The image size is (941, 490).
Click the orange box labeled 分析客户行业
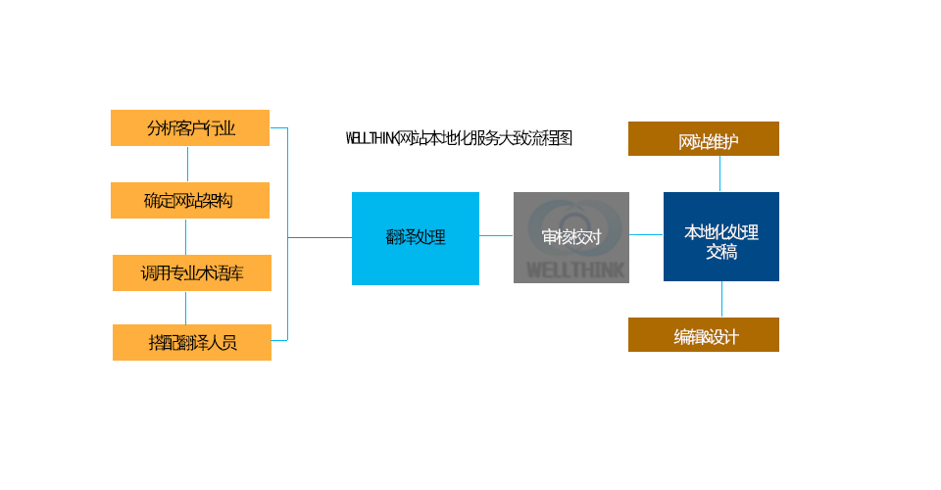(190, 127)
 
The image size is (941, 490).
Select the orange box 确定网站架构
(190, 200)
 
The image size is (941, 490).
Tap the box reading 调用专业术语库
(191, 272)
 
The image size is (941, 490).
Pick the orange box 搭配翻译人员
(192, 342)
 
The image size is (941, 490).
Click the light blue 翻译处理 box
(416, 238)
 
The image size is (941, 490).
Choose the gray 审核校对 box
(570, 237)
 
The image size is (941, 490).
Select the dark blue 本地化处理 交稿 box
(720, 236)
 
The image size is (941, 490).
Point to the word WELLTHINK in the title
(371, 138)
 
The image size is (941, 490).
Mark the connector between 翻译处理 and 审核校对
(496, 235)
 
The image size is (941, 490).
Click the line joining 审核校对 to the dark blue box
(646, 234)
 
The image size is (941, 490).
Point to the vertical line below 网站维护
(720, 173)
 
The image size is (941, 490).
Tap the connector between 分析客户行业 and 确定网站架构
(187, 164)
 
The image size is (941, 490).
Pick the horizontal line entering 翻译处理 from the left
(320, 237)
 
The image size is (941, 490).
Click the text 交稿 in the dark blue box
(721, 252)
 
